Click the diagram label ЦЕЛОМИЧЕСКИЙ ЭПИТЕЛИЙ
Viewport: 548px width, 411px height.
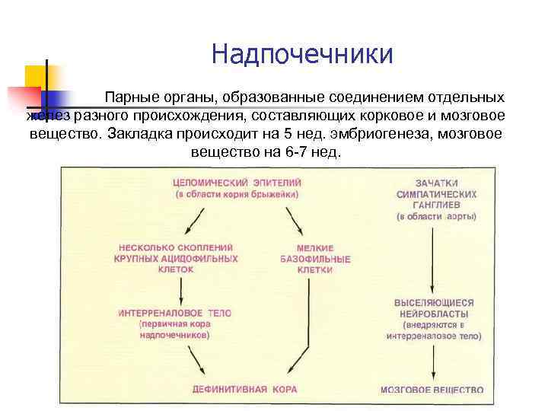237,183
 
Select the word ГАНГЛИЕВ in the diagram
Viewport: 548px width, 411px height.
436,205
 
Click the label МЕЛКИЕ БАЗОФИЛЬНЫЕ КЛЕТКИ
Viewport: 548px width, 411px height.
314,259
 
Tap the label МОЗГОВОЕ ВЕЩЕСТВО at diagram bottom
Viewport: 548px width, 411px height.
432,390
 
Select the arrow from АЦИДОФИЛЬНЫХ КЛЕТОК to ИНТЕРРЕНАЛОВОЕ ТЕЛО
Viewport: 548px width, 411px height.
180,288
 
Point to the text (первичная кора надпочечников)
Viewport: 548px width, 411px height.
176,330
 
